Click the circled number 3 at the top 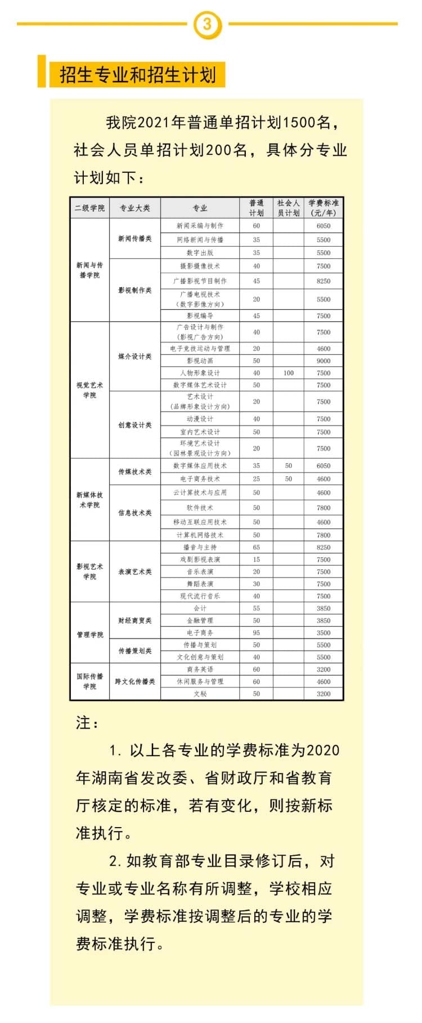pyautogui.click(x=207, y=24)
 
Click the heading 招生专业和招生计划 pyautogui.click(x=137, y=75)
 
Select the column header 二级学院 pyautogui.click(x=89, y=208)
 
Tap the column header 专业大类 pyautogui.click(x=135, y=208)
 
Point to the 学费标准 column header pyautogui.click(x=324, y=208)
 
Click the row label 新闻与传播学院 pyautogui.click(x=89, y=270)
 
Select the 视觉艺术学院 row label pyautogui.click(x=89, y=390)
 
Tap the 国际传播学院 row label pyautogui.click(x=89, y=681)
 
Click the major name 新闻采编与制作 pyautogui.click(x=200, y=226)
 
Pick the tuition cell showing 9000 pyautogui.click(x=324, y=360)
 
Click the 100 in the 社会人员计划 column pyautogui.click(x=289, y=373)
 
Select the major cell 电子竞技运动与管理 pyautogui.click(x=200, y=349)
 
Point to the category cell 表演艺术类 pyautogui.click(x=135, y=571)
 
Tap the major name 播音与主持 pyautogui.click(x=200, y=547)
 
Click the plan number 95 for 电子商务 pyautogui.click(x=257, y=633)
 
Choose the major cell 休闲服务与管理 pyautogui.click(x=200, y=681)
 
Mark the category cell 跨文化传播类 pyautogui.click(x=135, y=681)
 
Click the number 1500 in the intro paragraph pyautogui.click(x=298, y=122)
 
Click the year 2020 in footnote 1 pyautogui.click(x=323, y=751)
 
